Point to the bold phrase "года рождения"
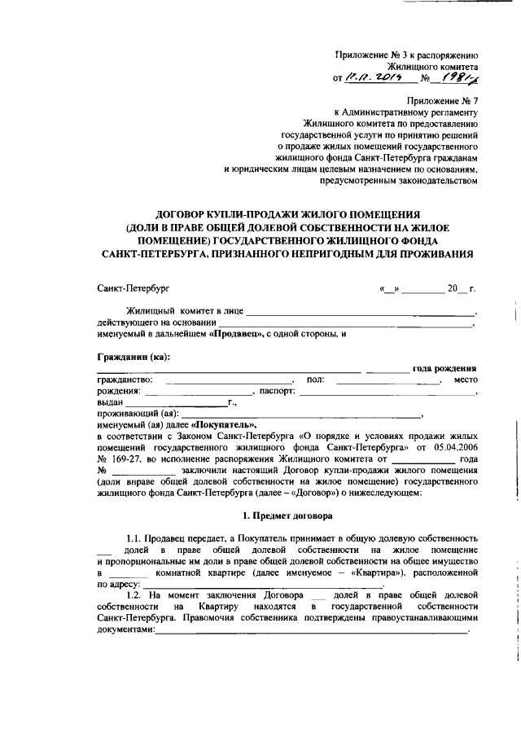pos(444,369)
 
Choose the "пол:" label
pos(315,380)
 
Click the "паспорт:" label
pos(277,392)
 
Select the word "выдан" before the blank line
pos(109,402)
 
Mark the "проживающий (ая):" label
pos(137,414)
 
